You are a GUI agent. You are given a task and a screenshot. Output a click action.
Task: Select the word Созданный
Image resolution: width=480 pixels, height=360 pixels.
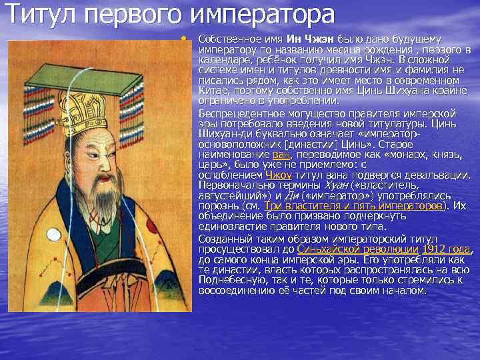pyautogui.click(x=225, y=238)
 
